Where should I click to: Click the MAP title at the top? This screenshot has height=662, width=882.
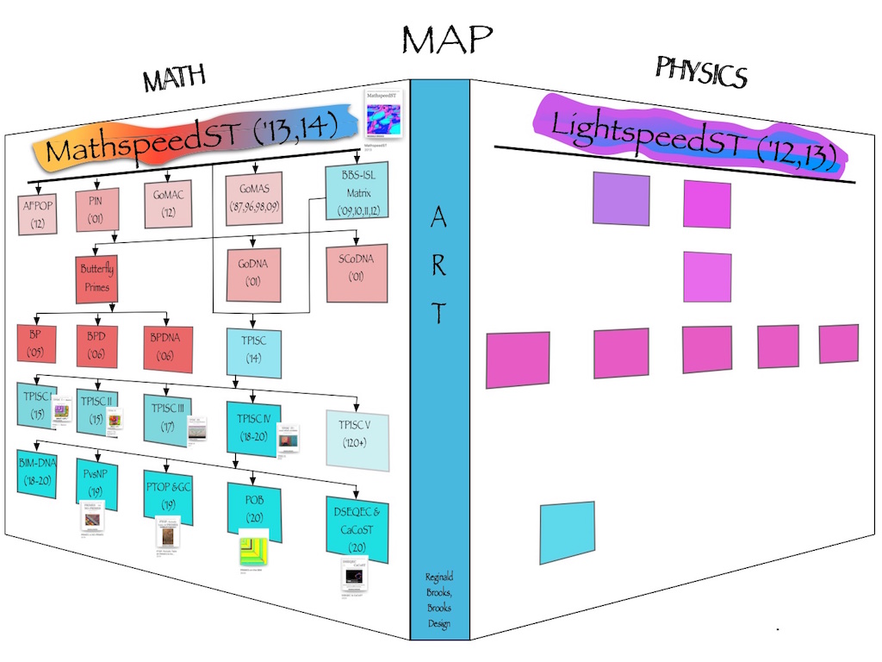click(x=446, y=40)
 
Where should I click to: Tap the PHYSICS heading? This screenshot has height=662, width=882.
click(x=700, y=72)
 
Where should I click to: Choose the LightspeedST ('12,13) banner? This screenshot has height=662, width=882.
click(x=687, y=136)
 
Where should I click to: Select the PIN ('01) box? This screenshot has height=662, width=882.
click(x=95, y=209)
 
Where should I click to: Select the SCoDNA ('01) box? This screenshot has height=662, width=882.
click(x=356, y=266)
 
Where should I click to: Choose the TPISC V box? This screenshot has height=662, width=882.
click(x=357, y=439)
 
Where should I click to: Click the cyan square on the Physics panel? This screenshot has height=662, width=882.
click(x=567, y=532)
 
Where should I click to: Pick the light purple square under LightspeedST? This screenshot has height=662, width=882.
click(x=621, y=200)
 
